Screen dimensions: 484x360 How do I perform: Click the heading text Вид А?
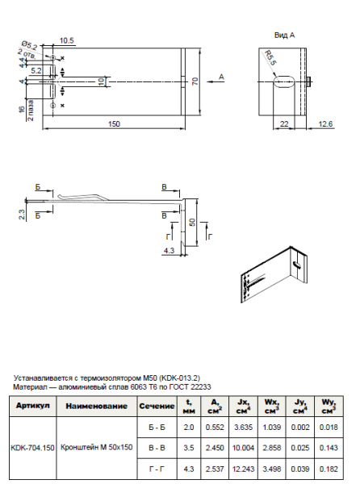[x=284, y=35]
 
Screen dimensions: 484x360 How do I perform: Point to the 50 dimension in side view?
[x=193, y=221]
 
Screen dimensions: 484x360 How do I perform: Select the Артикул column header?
[x=33, y=406]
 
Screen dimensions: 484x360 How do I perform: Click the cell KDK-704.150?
[x=33, y=446]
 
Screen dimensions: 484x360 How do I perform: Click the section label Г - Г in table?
[x=153, y=467]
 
